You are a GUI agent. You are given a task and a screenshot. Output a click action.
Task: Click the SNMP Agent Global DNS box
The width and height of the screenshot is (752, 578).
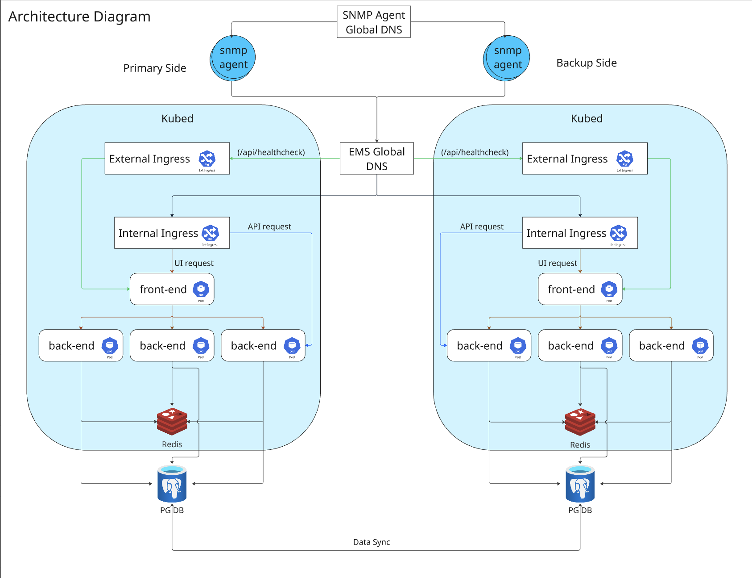[x=374, y=22]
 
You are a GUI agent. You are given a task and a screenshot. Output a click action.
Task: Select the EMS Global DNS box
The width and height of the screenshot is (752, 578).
[x=377, y=159]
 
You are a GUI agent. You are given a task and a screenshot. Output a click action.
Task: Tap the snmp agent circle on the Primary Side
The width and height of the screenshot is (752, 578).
[x=233, y=58]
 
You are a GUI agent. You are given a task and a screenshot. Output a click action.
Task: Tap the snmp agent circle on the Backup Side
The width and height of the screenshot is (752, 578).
[x=507, y=58]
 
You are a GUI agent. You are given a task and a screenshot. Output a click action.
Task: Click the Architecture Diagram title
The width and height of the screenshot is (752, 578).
[x=79, y=17]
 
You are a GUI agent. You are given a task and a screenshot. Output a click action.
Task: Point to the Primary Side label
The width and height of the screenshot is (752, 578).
[x=155, y=68]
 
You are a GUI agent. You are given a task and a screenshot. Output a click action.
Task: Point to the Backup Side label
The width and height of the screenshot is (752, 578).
[x=587, y=63]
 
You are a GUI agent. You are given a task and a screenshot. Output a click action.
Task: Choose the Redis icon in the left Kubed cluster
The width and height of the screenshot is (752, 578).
[x=172, y=421]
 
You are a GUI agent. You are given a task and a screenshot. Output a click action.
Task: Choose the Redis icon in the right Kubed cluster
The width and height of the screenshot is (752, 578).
[x=580, y=422]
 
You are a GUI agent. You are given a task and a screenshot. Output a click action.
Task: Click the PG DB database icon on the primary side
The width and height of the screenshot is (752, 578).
[x=172, y=484]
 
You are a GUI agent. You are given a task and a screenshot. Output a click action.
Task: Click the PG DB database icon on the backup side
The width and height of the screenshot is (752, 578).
[x=580, y=484]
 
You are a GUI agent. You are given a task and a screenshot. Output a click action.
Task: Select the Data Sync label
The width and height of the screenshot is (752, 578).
[x=372, y=542]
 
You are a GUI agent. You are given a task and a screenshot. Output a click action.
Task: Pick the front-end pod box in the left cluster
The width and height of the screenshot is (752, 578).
[x=172, y=289]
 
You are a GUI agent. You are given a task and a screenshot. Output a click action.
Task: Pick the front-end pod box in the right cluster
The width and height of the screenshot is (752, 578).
[x=580, y=289]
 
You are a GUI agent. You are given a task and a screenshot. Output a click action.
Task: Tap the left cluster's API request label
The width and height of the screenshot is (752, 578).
[x=269, y=226]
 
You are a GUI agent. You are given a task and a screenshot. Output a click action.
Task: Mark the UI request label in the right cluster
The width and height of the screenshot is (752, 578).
[x=558, y=263]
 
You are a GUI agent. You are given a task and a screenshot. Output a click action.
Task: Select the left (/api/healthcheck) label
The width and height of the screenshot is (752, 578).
[x=271, y=152]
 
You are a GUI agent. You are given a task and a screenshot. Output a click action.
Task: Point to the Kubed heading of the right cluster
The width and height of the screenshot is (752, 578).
[x=587, y=118]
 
